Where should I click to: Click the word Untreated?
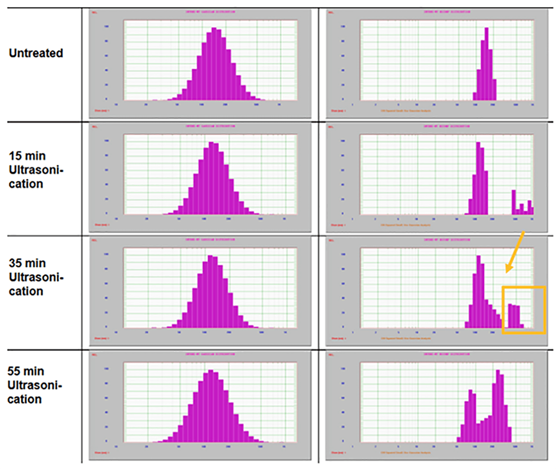36,53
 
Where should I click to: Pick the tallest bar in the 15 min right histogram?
478,179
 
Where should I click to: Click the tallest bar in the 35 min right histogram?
478,291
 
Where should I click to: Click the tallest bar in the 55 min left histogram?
212,406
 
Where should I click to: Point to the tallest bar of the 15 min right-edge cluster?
514,202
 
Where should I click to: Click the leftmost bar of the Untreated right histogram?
475,96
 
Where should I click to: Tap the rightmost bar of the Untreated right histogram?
494,90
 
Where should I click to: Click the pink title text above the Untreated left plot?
210,12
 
